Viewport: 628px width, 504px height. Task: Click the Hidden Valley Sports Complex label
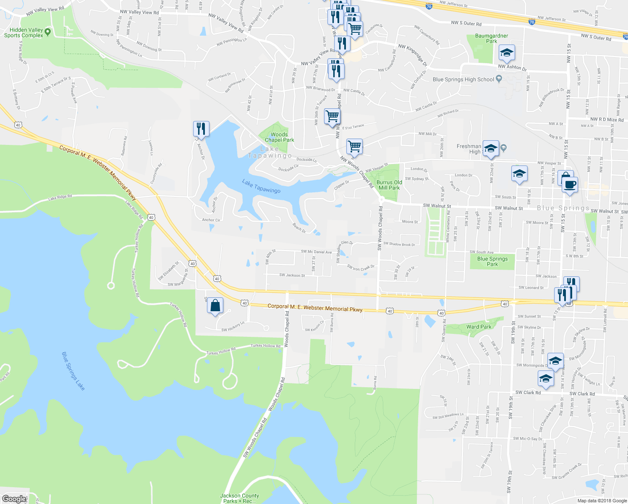[24, 33]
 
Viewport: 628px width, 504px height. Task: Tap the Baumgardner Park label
[492, 39]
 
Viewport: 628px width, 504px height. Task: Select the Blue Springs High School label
[463, 79]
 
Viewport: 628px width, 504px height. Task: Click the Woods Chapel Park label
[279, 137]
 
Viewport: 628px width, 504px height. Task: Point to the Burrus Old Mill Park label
[389, 185]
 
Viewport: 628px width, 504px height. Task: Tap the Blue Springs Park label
[492, 262]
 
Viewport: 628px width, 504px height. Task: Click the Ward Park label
[479, 327]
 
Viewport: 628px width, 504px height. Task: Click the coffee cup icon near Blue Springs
[570, 184]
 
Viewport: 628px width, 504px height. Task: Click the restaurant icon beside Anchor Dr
[201, 129]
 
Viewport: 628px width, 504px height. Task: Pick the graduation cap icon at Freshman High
[491, 148]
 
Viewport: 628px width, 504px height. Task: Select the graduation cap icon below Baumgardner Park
[507, 53]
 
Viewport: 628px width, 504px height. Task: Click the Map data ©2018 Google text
[601, 501]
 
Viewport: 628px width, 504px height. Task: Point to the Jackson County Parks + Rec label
[239, 498]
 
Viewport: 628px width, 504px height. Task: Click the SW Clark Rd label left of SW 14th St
[528, 393]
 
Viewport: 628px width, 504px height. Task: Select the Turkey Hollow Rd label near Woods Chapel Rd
[265, 346]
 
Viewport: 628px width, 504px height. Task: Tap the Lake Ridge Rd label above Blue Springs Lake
[60, 197]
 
